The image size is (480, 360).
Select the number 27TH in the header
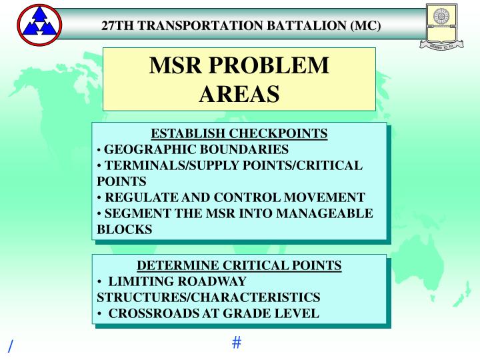point(118,26)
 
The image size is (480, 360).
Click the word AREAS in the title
point(239,93)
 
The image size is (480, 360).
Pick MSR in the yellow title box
point(177,65)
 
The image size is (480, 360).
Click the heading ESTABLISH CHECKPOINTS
point(239,133)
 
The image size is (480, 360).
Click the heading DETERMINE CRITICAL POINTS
point(239,265)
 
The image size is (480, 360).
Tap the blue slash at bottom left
point(10,346)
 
